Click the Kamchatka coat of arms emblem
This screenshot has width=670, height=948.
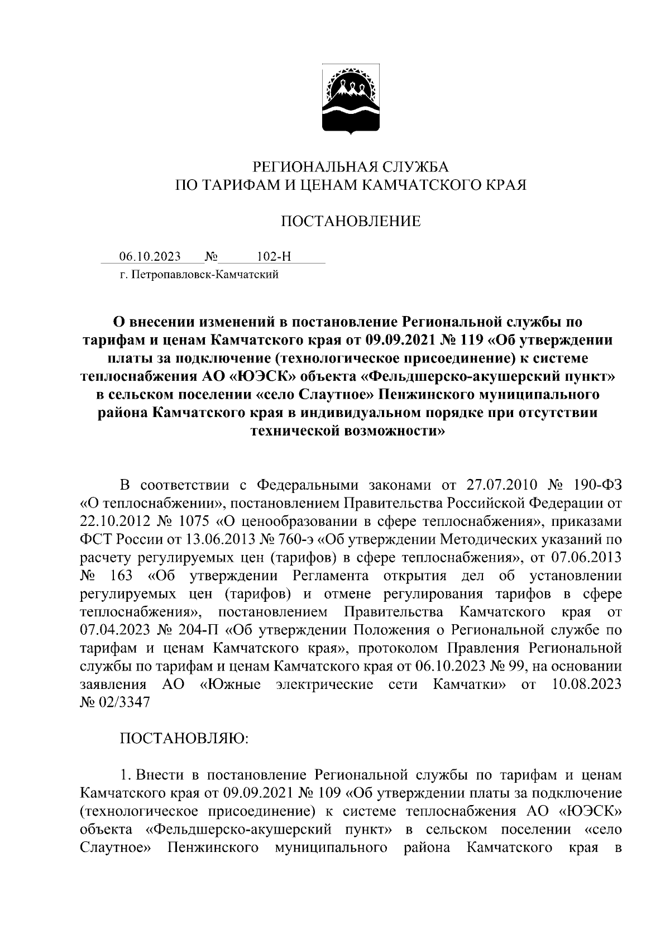click(351, 100)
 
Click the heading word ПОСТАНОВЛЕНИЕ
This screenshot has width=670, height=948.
click(350, 222)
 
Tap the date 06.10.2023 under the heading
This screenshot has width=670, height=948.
click(150, 257)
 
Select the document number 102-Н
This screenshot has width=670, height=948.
click(274, 257)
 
